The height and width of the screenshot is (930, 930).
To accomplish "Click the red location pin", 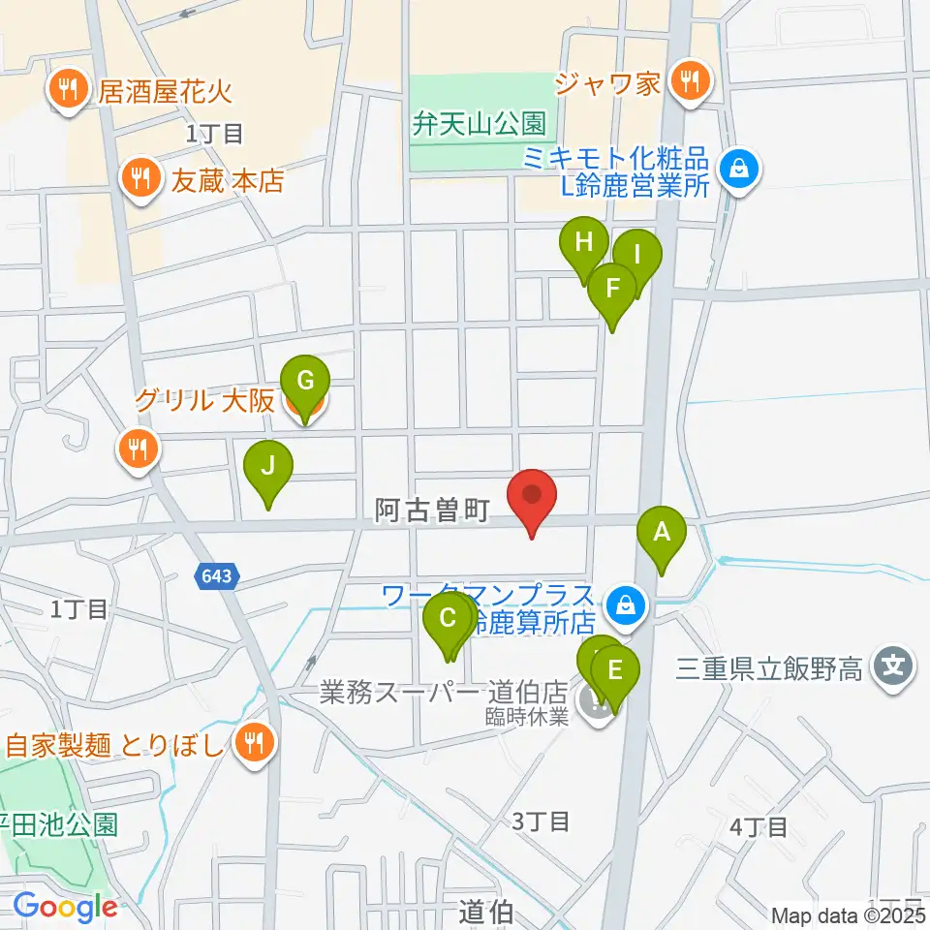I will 532,495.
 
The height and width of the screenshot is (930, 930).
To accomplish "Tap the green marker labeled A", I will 662,533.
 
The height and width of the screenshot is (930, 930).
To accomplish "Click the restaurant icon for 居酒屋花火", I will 67,92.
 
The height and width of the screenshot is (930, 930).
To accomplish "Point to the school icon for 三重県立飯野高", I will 892,668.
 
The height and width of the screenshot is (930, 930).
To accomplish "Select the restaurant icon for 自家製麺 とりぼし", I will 254,744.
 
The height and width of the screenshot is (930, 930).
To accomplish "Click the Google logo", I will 65,908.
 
